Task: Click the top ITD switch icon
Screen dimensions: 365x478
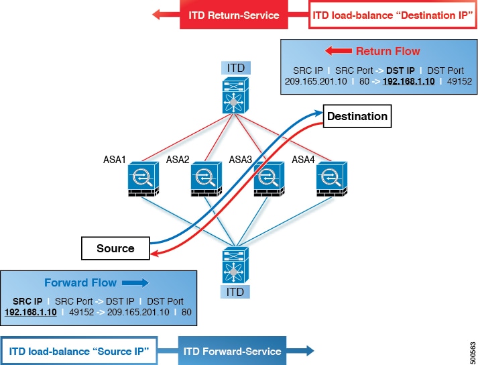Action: pos(234,95)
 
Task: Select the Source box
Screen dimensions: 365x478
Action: pos(115,248)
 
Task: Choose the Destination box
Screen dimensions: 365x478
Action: pos(357,116)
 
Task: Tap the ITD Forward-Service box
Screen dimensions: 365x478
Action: pos(232,351)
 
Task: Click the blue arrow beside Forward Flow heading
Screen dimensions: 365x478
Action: pos(131,282)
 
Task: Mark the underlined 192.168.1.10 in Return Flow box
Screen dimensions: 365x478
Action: pos(408,81)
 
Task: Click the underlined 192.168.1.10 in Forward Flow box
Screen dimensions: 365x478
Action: pos(31,312)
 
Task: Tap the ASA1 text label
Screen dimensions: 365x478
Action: pos(109,160)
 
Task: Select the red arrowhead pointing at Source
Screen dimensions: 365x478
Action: pos(155,253)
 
